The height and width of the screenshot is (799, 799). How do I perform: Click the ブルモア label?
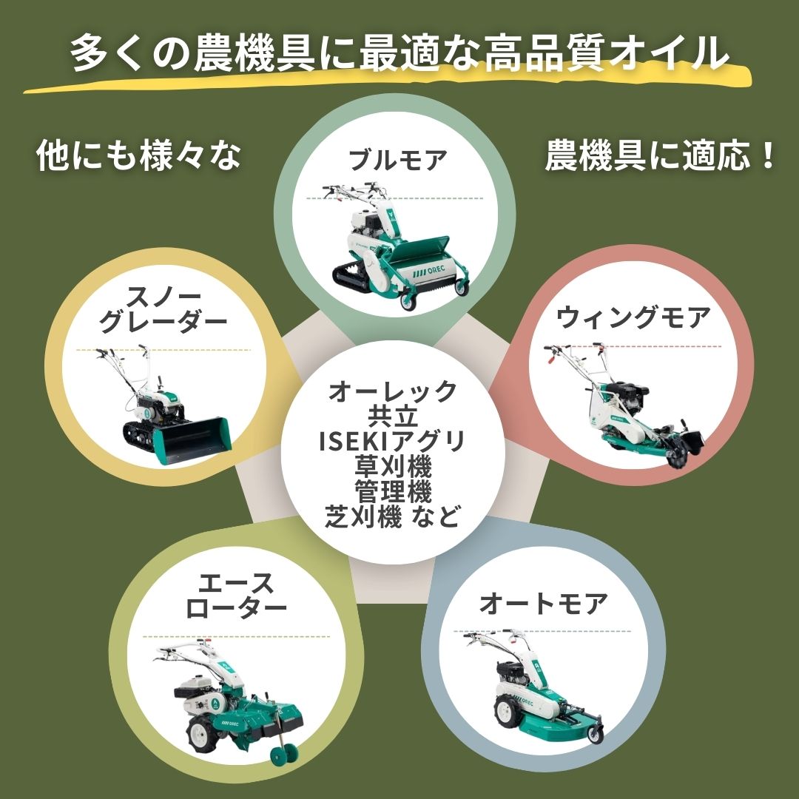[x=398, y=160]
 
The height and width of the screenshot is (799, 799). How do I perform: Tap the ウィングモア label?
[x=633, y=318]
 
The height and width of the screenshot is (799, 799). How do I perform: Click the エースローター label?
[x=236, y=596]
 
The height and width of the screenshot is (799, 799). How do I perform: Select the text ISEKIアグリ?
[x=392, y=442]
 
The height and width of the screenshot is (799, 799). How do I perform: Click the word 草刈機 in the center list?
[x=392, y=467]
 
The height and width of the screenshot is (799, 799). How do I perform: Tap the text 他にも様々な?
[x=139, y=157]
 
